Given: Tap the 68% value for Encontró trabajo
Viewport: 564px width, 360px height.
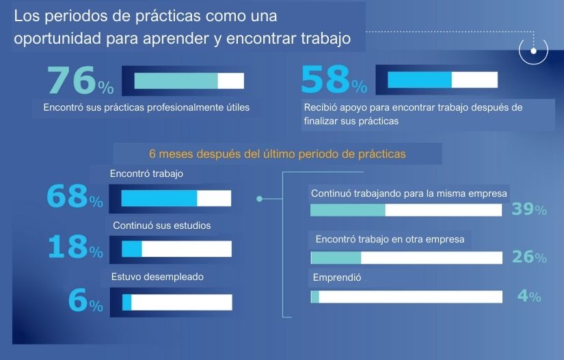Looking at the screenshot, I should [75, 198].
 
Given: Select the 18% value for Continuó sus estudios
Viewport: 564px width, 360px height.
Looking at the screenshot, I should [75, 248].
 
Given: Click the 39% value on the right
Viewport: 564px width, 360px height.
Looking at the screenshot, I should [529, 210].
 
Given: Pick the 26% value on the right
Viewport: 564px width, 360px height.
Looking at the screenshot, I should [529, 258].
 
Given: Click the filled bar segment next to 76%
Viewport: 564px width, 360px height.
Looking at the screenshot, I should [176, 81].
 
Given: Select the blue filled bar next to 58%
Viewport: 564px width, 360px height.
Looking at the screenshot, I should [419, 80].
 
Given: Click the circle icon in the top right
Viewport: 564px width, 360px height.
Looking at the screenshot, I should [533, 50].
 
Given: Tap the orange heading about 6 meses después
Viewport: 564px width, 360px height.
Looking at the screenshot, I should [277, 154].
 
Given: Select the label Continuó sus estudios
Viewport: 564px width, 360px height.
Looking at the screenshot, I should [161, 225].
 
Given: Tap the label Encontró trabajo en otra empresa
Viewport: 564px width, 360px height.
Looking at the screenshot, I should [390, 239].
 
